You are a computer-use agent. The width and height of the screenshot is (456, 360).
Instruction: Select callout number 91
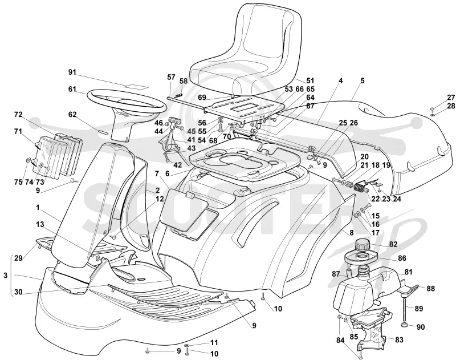click(72, 72)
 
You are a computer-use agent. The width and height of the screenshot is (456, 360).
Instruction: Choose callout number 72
click(18, 115)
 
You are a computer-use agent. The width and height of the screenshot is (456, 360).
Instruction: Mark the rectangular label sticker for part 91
click(136, 86)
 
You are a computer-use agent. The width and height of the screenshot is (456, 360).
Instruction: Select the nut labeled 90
click(404, 325)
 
